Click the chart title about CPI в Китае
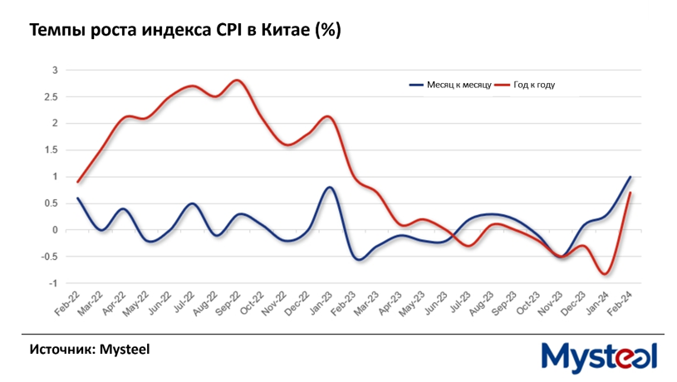click(185, 31)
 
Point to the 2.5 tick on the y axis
click(52, 96)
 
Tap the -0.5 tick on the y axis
click(49, 257)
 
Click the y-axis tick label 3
click(54, 70)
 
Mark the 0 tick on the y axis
click(54, 230)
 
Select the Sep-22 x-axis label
click(228, 305)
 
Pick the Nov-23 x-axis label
click(549, 305)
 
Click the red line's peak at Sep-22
click(238, 81)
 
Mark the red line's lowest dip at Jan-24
click(606, 273)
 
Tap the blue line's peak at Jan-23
click(330, 188)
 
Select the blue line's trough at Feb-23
click(359, 259)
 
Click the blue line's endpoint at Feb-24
click(630, 177)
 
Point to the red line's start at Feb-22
click(78, 181)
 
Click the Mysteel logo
click(599, 356)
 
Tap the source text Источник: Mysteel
click(90, 349)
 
